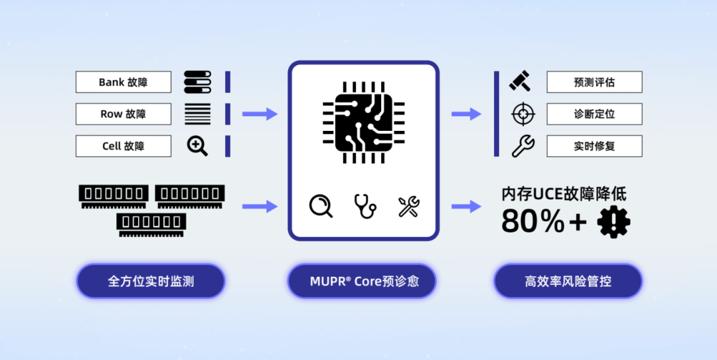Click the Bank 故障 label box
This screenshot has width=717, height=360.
[x=123, y=82]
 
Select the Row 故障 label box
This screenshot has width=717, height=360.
[x=123, y=114]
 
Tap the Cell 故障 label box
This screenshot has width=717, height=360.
[x=123, y=146]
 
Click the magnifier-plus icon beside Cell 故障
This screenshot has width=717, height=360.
[x=197, y=145]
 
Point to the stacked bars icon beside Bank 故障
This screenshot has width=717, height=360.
[x=197, y=82]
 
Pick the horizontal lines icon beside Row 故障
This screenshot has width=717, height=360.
[x=197, y=114]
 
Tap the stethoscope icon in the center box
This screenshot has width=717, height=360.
[x=364, y=206]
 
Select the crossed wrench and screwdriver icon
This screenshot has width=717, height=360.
[x=409, y=206]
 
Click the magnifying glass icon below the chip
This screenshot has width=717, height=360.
[x=321, y=206]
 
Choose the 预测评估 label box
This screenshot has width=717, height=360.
[x=594, y=82]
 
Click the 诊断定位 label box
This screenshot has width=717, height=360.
[x=594, y=114]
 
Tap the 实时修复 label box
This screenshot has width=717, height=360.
[x=594, y=146]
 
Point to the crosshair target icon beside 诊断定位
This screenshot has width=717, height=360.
[x=523, y=114]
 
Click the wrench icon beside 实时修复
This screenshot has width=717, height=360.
[x=523, y=145]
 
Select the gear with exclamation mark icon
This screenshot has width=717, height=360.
[x=613, y=223]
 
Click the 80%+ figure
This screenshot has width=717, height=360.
[x=544, y=222]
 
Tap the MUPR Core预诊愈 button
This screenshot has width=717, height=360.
[x=362, y=282]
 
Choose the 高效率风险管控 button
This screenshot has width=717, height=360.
[x=568, y=282]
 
